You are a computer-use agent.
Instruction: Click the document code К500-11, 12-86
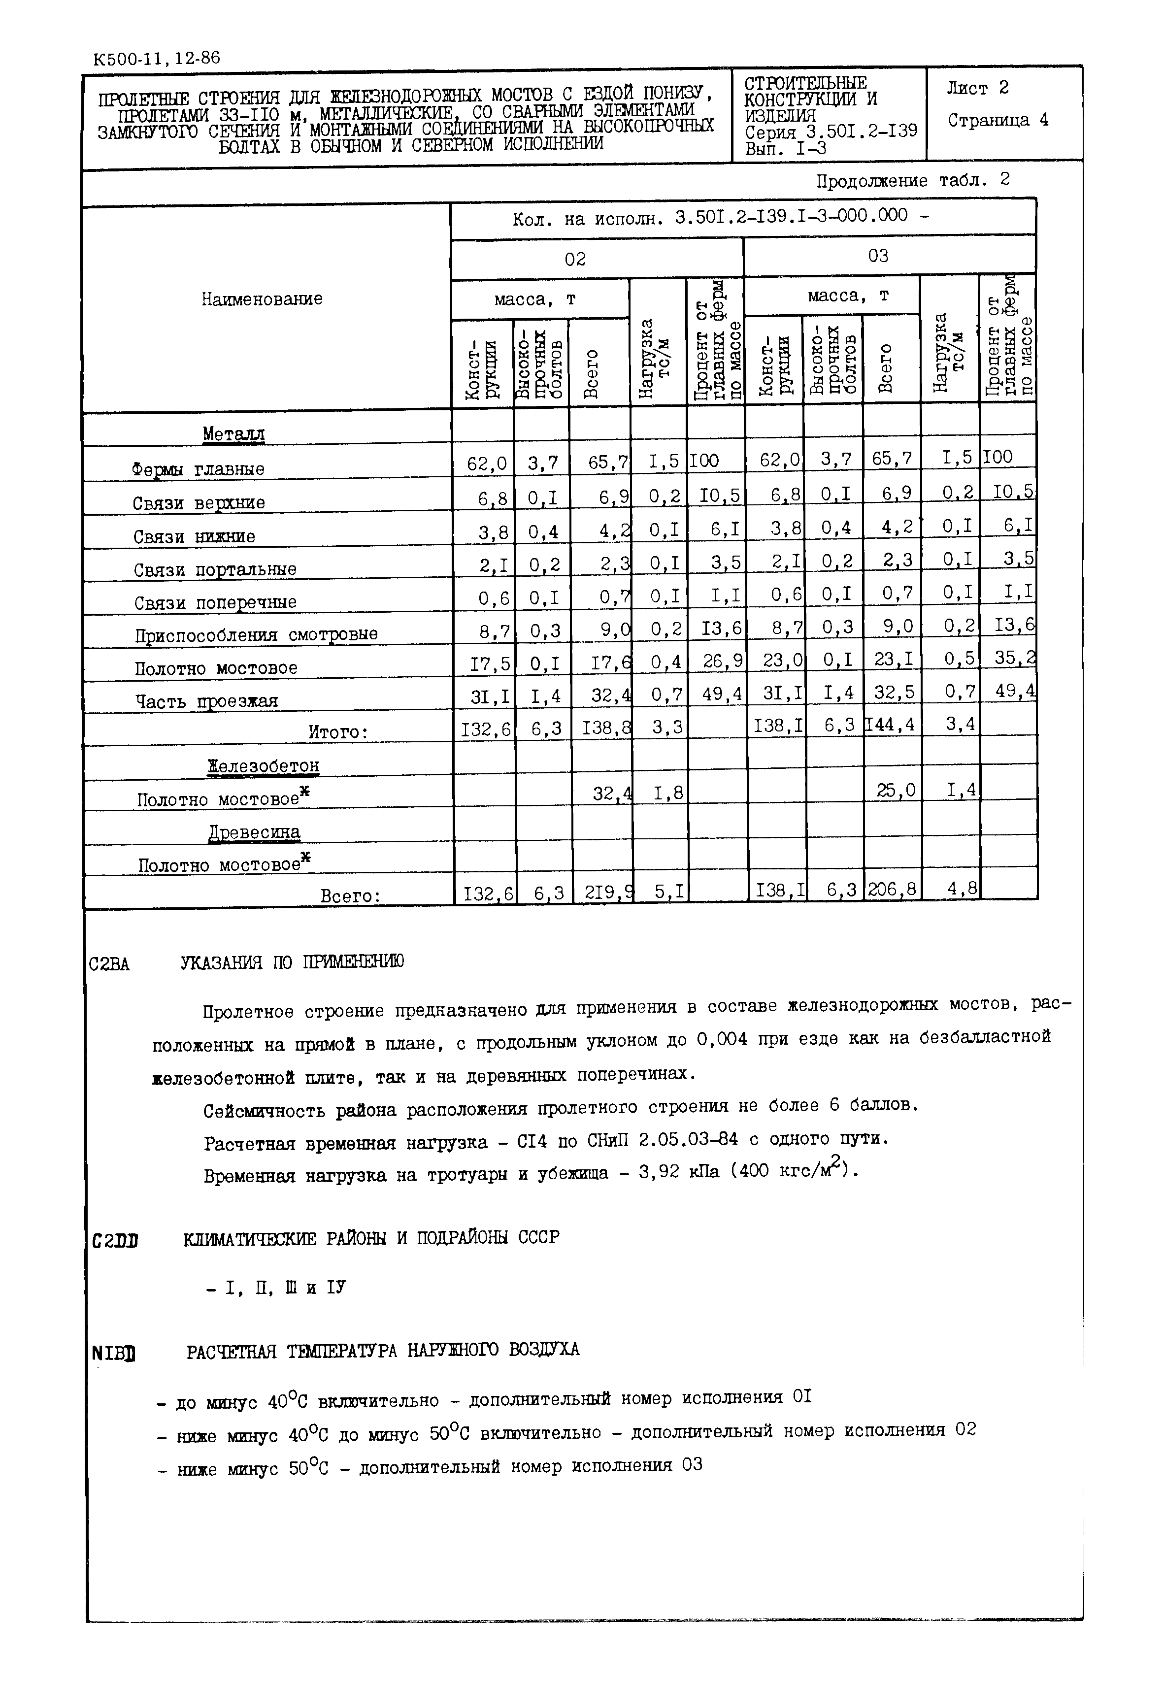156,58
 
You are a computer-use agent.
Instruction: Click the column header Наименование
262,299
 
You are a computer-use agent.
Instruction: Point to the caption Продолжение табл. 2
912,180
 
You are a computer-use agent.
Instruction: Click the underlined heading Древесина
255,832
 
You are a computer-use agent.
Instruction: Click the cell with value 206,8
891,889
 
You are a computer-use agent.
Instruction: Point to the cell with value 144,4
891,724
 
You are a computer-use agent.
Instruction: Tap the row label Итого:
337,732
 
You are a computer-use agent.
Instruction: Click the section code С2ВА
109,964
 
